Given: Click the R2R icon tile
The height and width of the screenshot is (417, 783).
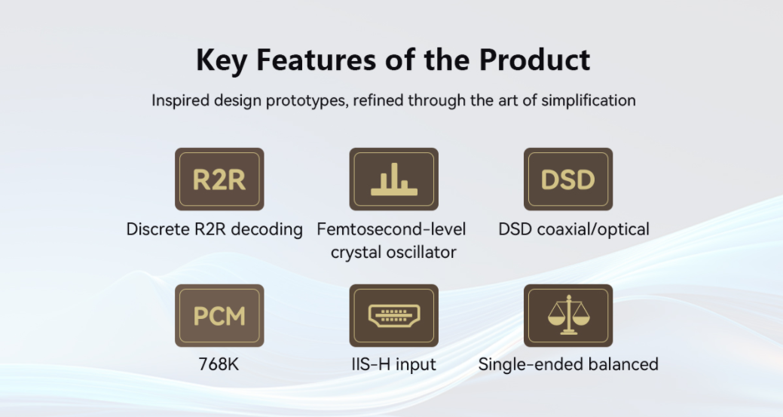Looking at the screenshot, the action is point(219,179).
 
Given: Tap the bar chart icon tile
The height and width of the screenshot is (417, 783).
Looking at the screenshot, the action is point(393,179).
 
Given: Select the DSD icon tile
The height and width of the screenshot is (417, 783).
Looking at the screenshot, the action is point(567,179).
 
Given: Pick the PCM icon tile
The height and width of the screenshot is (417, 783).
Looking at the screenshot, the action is point(219,316).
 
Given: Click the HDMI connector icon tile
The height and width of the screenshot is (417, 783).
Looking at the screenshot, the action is point(393,316).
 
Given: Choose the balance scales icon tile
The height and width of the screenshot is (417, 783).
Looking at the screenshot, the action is point(567,316).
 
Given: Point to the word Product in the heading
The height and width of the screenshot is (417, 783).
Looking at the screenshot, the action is point(534,60).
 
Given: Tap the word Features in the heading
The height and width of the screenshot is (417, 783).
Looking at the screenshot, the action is point(316,60).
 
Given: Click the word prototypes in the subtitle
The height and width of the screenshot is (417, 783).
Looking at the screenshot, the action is point(306,101).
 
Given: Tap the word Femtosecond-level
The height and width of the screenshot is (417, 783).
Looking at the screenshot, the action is point(391,229).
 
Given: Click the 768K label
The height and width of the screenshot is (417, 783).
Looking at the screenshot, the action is point(219,364).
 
